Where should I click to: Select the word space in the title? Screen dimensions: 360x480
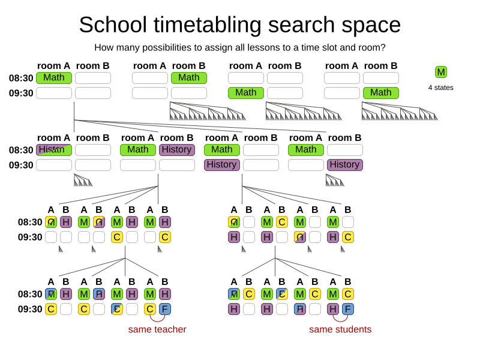click(x=368, y=25)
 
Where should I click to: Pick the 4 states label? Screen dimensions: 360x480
click(x=441, y=88)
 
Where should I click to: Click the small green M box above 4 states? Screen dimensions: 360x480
click(x=441, y=72)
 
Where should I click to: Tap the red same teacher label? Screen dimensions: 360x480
click(x=157, y=329)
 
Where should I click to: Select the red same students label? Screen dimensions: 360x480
click(x=340, y=329)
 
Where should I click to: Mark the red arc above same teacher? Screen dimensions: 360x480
click(x=157, y=319)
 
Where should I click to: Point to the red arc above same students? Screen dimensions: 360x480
click(x=340, y=319)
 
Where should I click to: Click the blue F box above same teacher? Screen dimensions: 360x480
click(x=165, y=309)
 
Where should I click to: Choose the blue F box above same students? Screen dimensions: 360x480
click(x=348, y=309)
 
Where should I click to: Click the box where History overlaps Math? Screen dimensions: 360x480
click(x=54, y=150)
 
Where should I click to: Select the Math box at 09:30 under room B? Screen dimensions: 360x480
click(x=381, y=92)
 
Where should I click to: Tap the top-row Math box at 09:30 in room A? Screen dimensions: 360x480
click(x=246, y=92)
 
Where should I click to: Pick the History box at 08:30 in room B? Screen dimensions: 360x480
click(x=177, y=150)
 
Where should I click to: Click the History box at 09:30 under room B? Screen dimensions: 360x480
click(x=345, y=164)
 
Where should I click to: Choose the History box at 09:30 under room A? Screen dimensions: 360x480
click(x=222, y=164)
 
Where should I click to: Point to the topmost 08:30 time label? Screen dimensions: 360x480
click(x=21, y=78)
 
